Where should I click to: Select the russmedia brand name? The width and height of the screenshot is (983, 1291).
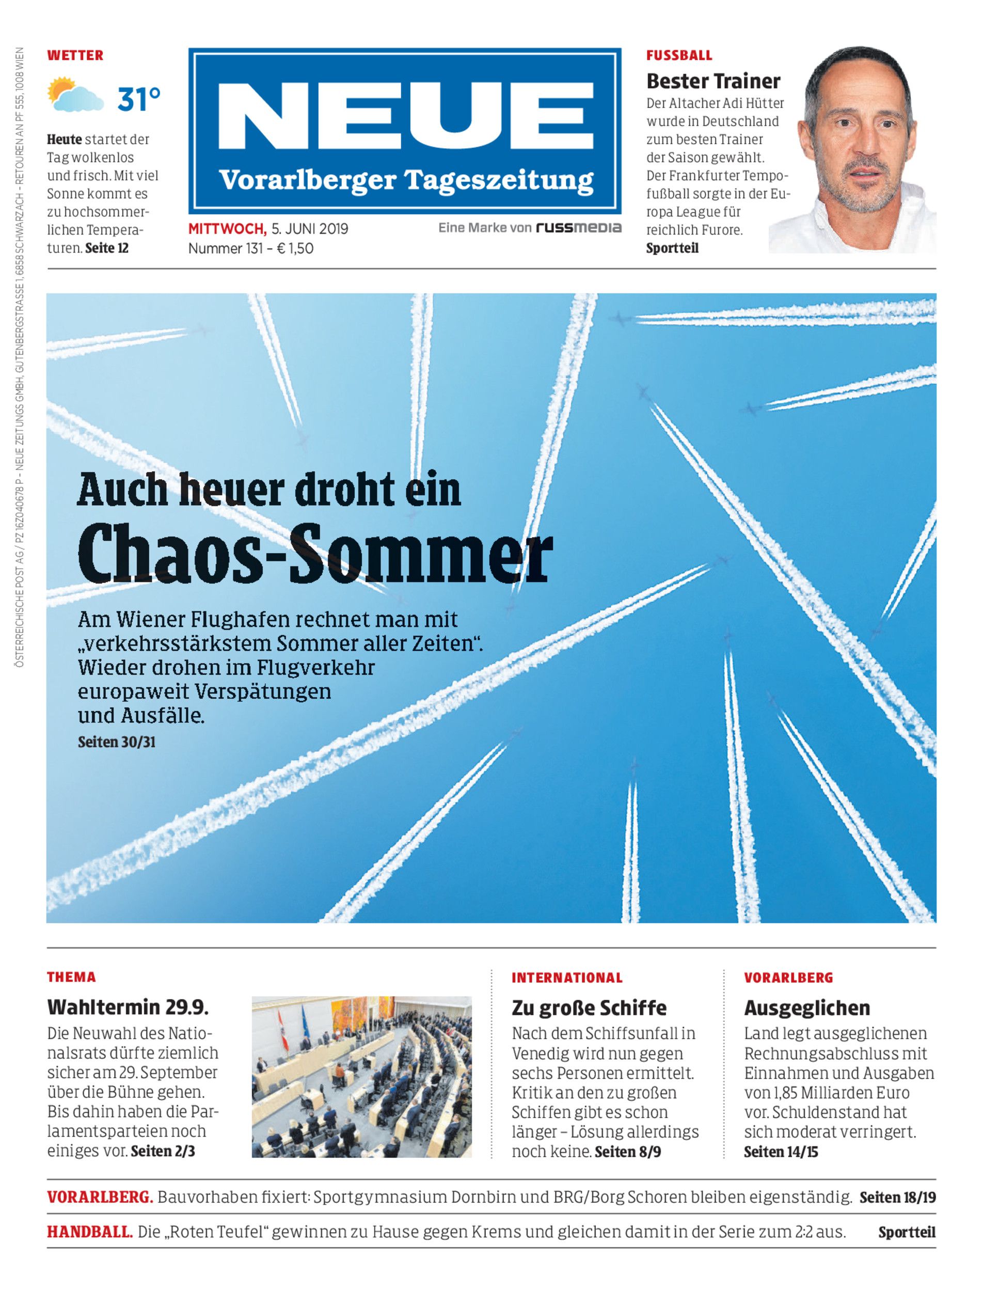click(x=579, y=228)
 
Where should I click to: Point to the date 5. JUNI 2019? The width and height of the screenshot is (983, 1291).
click(x=310, y=228)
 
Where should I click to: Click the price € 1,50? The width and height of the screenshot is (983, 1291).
click(x=295, y=248)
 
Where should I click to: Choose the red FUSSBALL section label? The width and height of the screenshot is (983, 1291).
click(x=679, y=56)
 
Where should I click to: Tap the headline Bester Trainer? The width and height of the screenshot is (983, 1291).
click(x=714, y=81)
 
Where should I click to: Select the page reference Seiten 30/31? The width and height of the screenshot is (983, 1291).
click(x=117, y=742)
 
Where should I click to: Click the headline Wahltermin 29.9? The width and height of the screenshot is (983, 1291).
click(x=128, y=1007)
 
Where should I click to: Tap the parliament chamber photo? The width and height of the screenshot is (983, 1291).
click(x=361, y=1077)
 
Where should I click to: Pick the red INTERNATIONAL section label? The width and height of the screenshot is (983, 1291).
click(x=567, y=978)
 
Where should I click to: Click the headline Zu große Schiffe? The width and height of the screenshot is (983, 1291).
click(x=589, y=1007)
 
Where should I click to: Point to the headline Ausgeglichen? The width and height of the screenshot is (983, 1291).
click(x=807, y=1007)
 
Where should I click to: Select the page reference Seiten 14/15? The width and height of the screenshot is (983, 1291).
click(x=781, y=1152)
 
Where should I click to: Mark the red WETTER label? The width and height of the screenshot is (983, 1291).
click(x=75, y=56)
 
